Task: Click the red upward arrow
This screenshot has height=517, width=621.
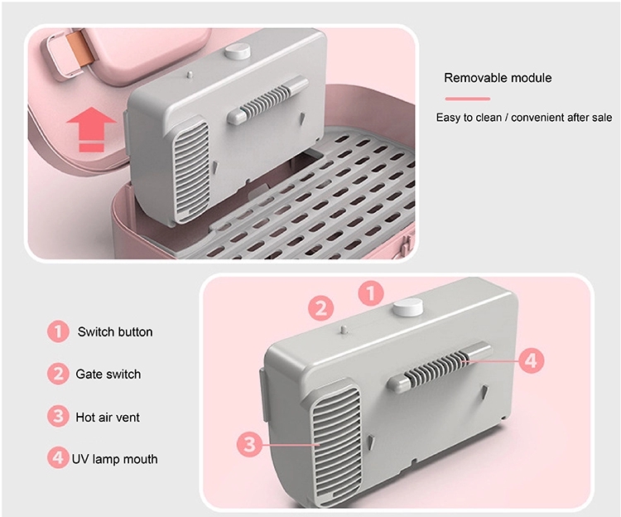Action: click(91, 128)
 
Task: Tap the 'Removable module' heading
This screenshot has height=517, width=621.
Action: click(498, 78)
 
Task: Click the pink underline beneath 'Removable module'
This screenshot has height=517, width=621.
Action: click(468, 99)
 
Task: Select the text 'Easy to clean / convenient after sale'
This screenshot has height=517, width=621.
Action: click(524, 118)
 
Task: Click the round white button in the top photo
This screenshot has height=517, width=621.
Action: click(238, 52)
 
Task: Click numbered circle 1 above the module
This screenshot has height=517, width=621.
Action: click(371, 294)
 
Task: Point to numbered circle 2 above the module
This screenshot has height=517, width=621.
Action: click(320, 308)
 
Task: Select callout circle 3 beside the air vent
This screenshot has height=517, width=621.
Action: click(249, 444)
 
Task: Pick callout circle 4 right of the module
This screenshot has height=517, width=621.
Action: click(531, 360)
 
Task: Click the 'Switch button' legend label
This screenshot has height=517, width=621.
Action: click(115, 331)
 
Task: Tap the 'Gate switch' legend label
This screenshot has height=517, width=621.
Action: click(108, 374)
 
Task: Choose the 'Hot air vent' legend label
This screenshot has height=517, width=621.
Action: click(108, 418)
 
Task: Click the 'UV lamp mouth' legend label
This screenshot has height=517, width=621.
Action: click(114, 459)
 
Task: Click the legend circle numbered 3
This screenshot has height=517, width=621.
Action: click(58, 417)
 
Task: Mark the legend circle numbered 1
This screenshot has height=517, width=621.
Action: click(58, 331)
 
